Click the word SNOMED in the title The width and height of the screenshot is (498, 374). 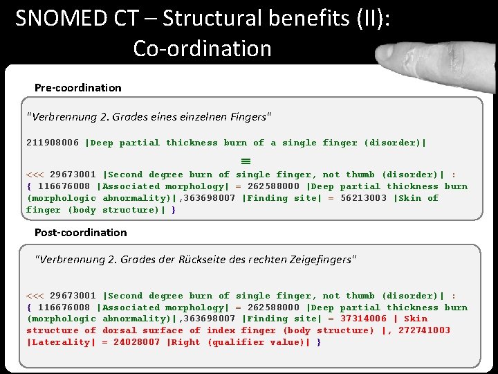pyautogui.click(x=62, y=19)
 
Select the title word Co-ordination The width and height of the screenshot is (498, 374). pyautogui.click(x=203, y=48)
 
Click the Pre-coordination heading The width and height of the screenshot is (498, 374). pyautogui.click(x=78, y=88)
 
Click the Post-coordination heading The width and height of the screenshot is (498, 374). pyautogui.click(x=81, y=232)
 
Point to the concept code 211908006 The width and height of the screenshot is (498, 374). pyautogui.click(x=53, y=143)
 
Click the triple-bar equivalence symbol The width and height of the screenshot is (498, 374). pyautogui.click(x=225, y=160)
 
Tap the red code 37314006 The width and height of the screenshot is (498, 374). pyautogui.click(x=363, y=319)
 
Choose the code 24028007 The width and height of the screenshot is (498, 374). pyautogui.click(x=137, y=342)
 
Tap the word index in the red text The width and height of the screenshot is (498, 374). pyautogui.click(x=221, y=330)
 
